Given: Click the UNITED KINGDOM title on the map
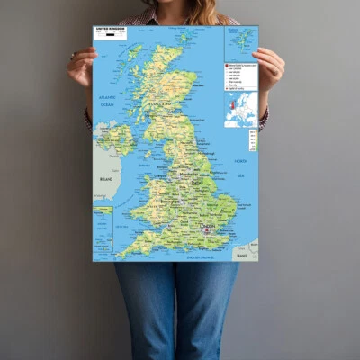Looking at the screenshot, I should click(113, 30).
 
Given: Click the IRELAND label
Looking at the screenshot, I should click(105, 179).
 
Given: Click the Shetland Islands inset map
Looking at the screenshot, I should click(240, 42).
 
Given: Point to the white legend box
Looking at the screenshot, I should click(240, 76).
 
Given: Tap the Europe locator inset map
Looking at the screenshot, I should click(240, 109).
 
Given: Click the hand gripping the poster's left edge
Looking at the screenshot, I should click(81, 65).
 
